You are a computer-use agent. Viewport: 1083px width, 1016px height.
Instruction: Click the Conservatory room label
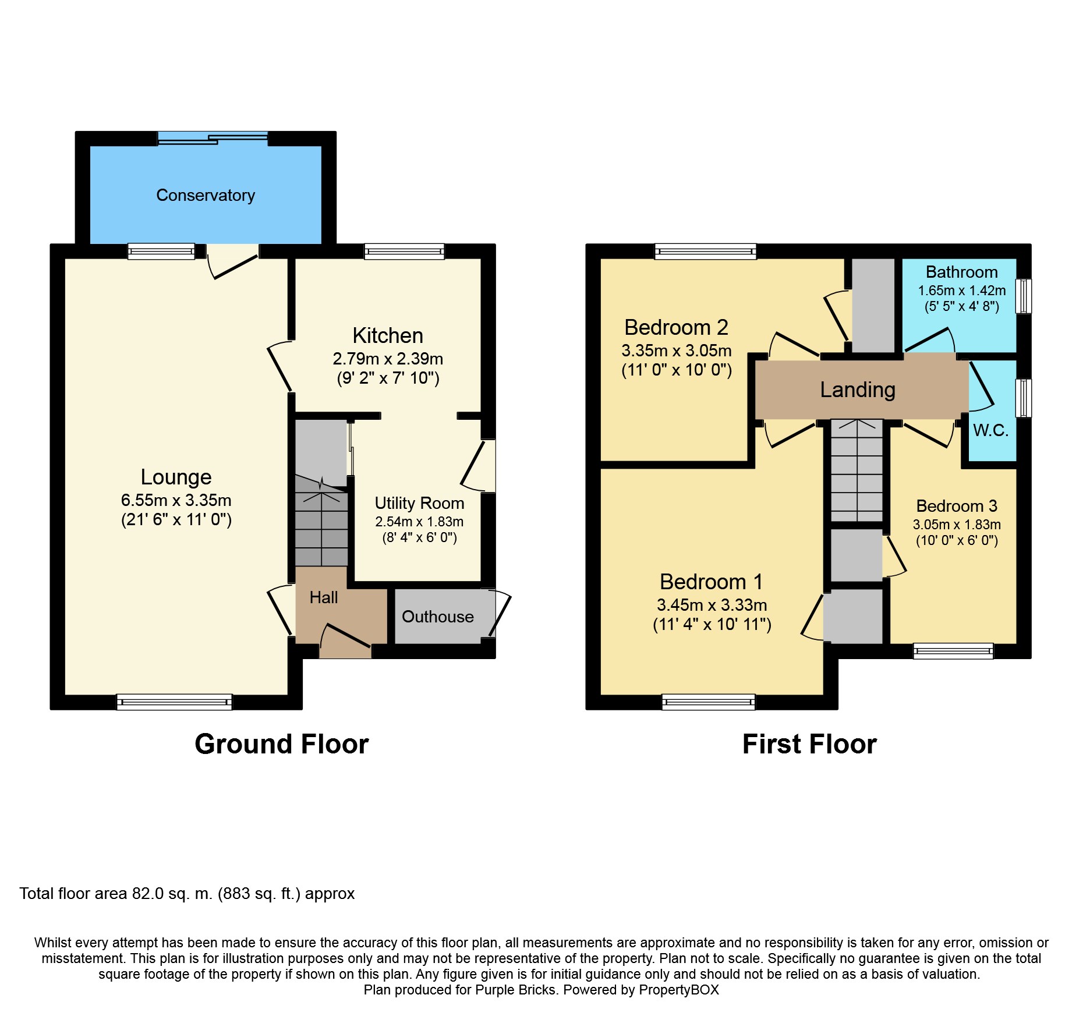click(206, 195)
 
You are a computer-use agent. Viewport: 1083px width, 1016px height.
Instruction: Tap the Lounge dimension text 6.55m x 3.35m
click(176, 500)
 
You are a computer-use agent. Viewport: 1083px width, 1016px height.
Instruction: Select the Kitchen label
click(388, 335)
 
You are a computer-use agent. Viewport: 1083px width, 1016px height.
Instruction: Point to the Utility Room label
click(419, 503)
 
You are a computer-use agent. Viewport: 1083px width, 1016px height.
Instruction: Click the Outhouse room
click(438, 617)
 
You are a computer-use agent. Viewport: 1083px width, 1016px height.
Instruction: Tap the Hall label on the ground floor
click(324, 597)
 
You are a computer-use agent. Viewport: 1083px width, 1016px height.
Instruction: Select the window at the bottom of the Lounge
click(174, 702)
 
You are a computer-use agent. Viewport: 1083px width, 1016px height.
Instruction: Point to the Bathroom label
click(961, 272)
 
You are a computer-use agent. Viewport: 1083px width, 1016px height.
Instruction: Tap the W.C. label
click(990, 430)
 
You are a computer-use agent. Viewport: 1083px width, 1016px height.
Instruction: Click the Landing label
click(858, 390)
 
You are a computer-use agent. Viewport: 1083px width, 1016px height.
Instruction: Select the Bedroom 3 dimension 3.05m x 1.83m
click(957, 525)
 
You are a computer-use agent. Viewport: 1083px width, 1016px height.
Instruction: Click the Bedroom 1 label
click(711, 582)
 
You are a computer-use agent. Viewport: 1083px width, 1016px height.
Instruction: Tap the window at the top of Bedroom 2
click(705, 252)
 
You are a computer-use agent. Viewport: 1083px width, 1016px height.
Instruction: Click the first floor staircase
click(857, 472)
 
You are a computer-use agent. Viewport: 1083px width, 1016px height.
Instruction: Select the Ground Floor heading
click(282, 744)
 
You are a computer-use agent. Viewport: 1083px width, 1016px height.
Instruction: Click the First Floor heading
click(809, 744)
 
